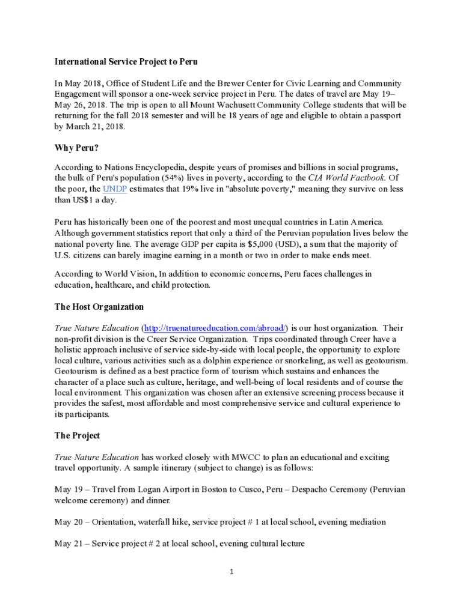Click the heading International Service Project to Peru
[126, 62]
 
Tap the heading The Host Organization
[99, 307]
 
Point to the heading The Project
[77, 435]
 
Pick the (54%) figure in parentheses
[181, 178]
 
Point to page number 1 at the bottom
[231, 572]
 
